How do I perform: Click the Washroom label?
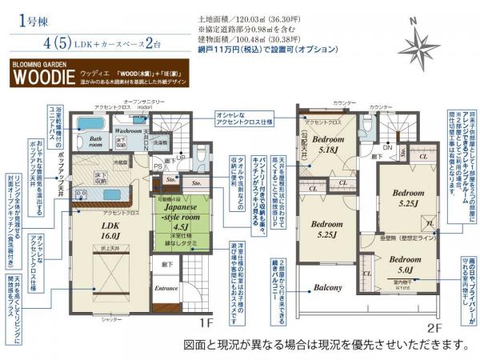127,129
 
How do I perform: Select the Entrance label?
166,287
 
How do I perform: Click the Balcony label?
327,287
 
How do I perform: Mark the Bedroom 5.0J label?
406,263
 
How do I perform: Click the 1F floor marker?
206,324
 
